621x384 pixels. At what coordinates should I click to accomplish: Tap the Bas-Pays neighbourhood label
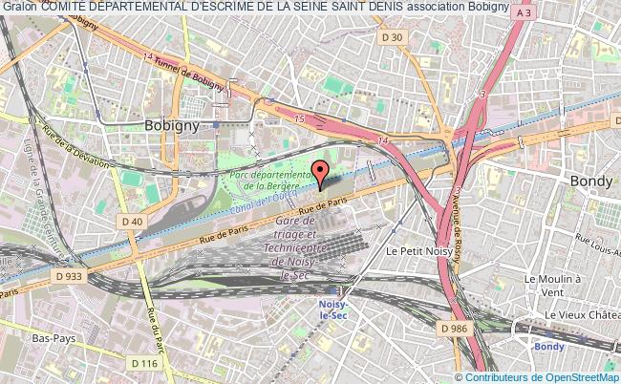pos(55,338)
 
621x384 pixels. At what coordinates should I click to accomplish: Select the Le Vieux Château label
pos(582,314)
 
